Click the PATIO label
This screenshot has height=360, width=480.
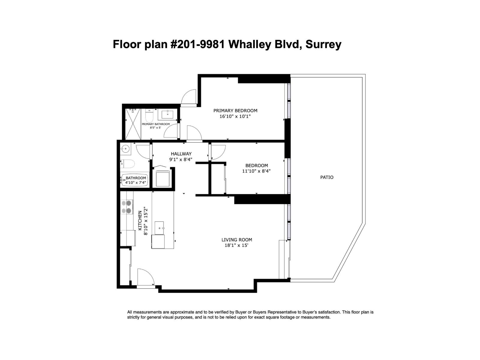327,177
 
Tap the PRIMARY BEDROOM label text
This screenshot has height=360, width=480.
235,111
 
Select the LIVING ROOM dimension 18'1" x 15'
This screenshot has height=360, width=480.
236,245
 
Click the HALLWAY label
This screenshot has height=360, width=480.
181,154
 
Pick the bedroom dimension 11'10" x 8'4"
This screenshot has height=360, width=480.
256,171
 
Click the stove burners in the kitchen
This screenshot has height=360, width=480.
127,207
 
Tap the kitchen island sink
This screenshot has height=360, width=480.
159,228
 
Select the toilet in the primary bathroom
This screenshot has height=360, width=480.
150,116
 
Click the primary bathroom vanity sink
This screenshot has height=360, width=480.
167,114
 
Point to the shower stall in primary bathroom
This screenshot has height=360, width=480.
133,124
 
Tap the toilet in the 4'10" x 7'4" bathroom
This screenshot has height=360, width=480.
127,164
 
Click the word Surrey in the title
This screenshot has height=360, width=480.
323,44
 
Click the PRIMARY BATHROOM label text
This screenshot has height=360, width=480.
156,124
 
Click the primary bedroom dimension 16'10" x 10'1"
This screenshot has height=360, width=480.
235,116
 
